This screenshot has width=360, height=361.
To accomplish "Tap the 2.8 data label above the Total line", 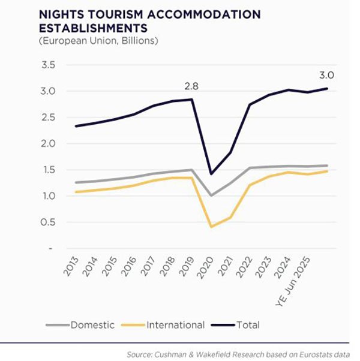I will pyautogui.click(x=191, y=86).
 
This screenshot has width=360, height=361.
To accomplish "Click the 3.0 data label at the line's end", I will pyautogui.click(x=326, y=76).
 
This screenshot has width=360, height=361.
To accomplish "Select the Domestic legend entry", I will pyautogui.click(x=92, y=325).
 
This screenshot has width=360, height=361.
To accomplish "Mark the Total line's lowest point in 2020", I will pyautogui.click(x=211, y=173).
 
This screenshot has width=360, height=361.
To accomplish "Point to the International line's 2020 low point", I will pyautogui.click(x=211, y=227).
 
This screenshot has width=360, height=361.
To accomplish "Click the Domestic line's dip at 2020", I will pyautogui.click(x=211, y=195).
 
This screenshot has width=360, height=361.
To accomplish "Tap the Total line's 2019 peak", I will pyautogui.click(x=193, y=99).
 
